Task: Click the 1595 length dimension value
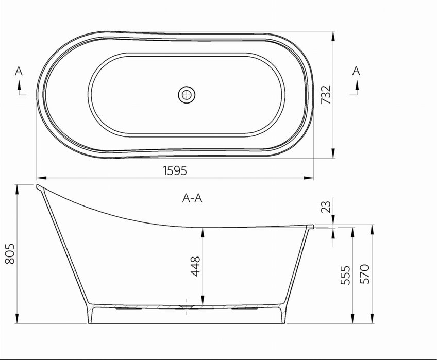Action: (x=175, y=170)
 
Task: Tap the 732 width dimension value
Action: (x=326, y=95)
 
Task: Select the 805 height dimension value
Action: (x=9, y=253)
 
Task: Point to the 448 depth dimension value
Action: (x=195, y=266)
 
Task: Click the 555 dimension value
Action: (x=346, y=275)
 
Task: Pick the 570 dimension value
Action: (x=364, y=274)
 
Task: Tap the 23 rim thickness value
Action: (x=326, y=207)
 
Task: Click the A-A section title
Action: (x=192, y=198)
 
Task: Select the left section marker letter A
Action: (x=19, y=71)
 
